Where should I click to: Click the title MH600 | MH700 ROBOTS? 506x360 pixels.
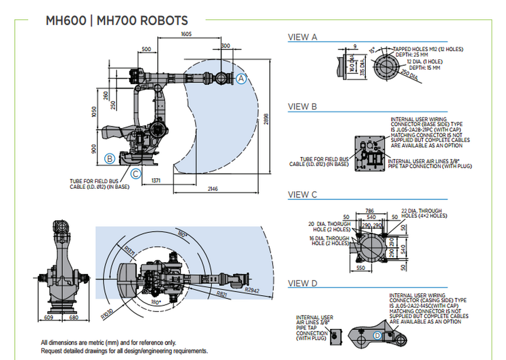pyautogui.click(x=116, y=21)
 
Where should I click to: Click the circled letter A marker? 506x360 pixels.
pyautogui.click(x=241, y=78)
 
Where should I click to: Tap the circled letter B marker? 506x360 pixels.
pyautogui.click(x=109, y=158)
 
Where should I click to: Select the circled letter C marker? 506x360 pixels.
pyautogui.click(x=136, y=174)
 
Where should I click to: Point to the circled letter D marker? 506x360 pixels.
pyautogui.click(x=377, y=335)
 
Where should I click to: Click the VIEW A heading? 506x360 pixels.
pyautogui.click(x=302, y=37)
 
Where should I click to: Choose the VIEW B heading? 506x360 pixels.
pyautogui.click(x=302, y=106)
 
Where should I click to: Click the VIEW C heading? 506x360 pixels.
pyautogui.click(x=302, y=194)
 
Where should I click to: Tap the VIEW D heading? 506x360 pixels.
pyautogui.click(x=302, y=283)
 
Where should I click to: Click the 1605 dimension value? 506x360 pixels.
pyautogui.click(x=186, y=34)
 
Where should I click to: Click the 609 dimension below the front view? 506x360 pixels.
pyautogui.click(x=49, y=317)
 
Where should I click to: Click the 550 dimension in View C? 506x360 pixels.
pyautogui.click(x=360, y=267)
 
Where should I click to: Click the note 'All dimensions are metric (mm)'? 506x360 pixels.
pyautogui.click(x=108, y=343)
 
